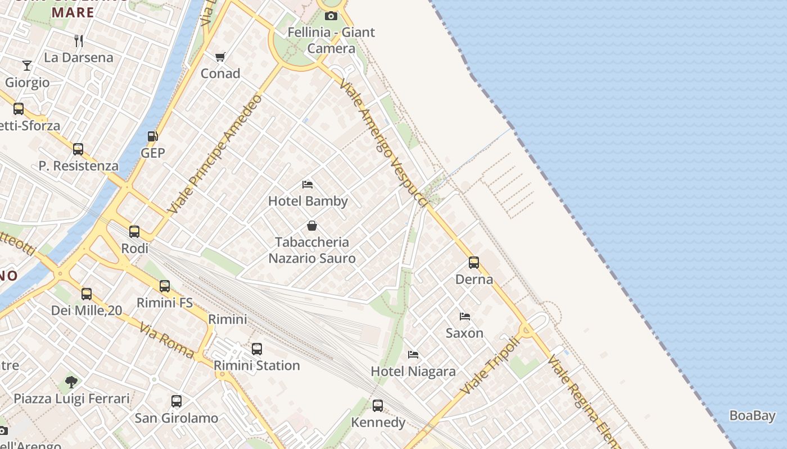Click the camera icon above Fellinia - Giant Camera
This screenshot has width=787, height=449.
pos(331,16)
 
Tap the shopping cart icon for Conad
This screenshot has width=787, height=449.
pos(220,57)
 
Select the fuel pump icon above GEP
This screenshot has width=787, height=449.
pos(152,136)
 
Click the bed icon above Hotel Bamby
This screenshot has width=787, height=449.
pos(307,184)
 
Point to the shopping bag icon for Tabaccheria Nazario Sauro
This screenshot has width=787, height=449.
pos(312,226)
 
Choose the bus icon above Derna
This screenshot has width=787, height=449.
pos(474,262)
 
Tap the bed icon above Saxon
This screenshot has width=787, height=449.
pos(464,316)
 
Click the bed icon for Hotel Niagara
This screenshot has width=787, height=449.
pos(413,354)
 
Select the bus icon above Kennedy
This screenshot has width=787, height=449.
pos(378,405)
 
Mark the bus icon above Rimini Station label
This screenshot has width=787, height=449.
pos(257,349)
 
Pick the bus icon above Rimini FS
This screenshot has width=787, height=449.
pos(165,286)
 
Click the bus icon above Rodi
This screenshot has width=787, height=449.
pos(134,231)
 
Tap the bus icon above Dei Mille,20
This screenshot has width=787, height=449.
pos(87,294)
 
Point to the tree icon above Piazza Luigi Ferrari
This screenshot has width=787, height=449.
pos(71,382)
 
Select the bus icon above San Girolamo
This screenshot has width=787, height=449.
pos(177,401)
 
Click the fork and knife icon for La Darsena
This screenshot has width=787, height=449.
pos(79,40)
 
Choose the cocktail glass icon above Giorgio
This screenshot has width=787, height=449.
pos(27,66)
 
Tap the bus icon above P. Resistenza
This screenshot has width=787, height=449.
pos(78,149)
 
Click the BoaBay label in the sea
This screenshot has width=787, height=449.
pos(752,416)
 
